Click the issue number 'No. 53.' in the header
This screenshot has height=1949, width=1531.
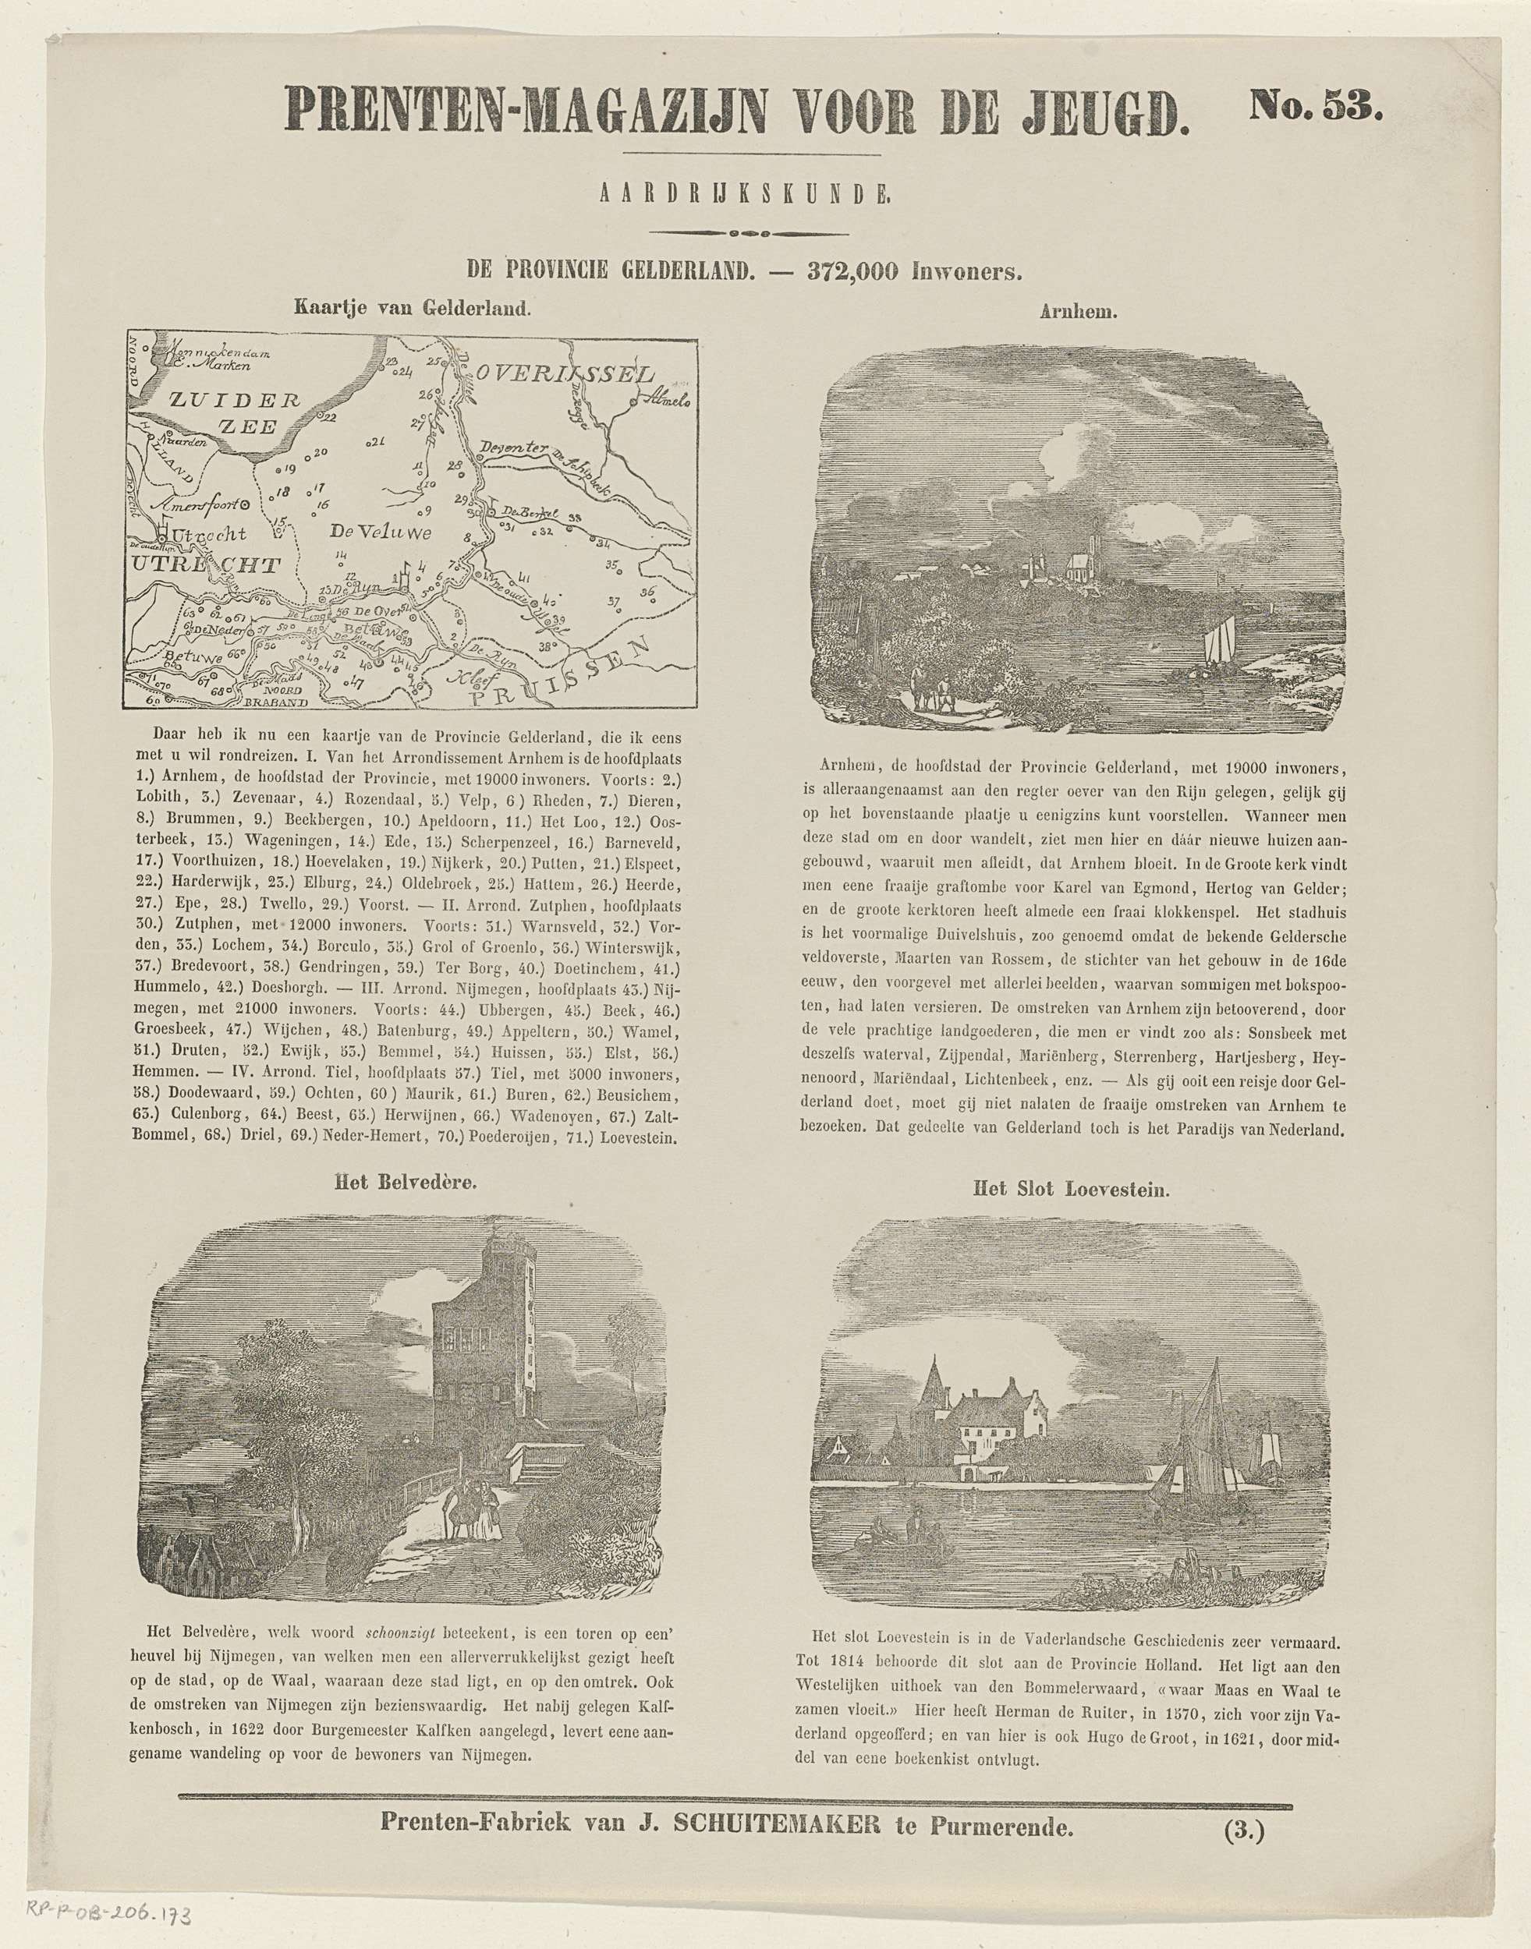tap(1316, 108)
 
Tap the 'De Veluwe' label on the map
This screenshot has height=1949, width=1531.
tap(381, 533)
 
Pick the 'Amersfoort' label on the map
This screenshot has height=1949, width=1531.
tap(204, 508)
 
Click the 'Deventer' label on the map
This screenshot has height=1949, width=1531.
tap(511, 448)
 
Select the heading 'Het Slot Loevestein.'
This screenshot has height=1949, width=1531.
tap(1071, 1189)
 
